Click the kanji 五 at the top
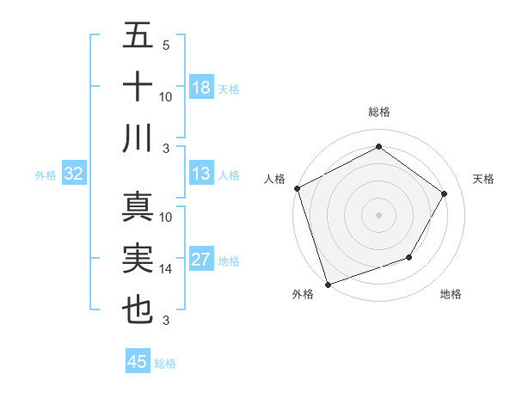point(138,37)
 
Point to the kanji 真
point(138,207)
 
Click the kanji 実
point(138,259)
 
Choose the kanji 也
point(138,309)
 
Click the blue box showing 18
point(201,88)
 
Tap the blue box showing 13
point(201,174)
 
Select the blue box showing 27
point(201,260)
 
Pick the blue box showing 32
point(73,174)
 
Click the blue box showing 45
point(138,362)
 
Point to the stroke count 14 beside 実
point(166,269)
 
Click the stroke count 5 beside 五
point(165,46)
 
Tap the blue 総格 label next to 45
point(165,364)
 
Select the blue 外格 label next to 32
point(46,175)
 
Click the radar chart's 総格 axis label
point(378,112)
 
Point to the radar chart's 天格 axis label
point(483,179)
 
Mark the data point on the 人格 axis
point(298,188)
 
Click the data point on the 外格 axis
point(328,284)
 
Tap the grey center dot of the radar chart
point(378,214)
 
